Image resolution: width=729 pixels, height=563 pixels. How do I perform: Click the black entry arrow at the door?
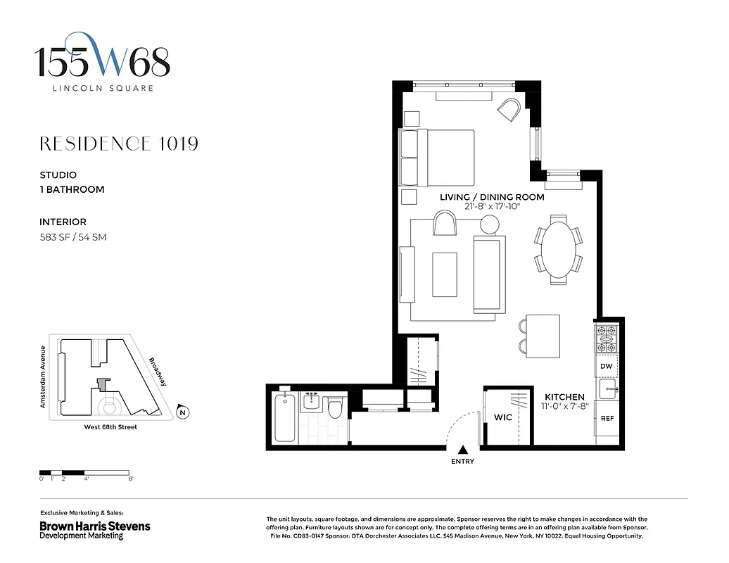[462, 450]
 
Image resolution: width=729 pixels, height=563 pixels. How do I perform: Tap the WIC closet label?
[502, 417]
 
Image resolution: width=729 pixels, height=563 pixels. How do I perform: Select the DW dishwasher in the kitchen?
[606, 366]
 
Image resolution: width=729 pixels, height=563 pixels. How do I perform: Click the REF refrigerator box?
[607, 418]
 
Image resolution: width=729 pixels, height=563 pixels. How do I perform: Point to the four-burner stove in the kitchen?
[606, 339]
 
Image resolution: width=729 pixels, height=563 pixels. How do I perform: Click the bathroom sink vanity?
[311, 403]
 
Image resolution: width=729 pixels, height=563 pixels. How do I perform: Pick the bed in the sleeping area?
[437, 158]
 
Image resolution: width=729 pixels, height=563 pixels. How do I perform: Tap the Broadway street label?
[158, 372]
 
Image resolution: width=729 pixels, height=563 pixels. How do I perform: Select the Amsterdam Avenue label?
[43, 377]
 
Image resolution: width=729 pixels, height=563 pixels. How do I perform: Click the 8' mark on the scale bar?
[131, 479]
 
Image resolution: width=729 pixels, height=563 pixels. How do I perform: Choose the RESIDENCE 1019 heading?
[119, 144]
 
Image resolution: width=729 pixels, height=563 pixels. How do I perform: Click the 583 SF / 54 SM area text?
[72, 237]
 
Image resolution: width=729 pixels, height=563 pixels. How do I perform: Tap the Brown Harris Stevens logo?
[94, 526]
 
